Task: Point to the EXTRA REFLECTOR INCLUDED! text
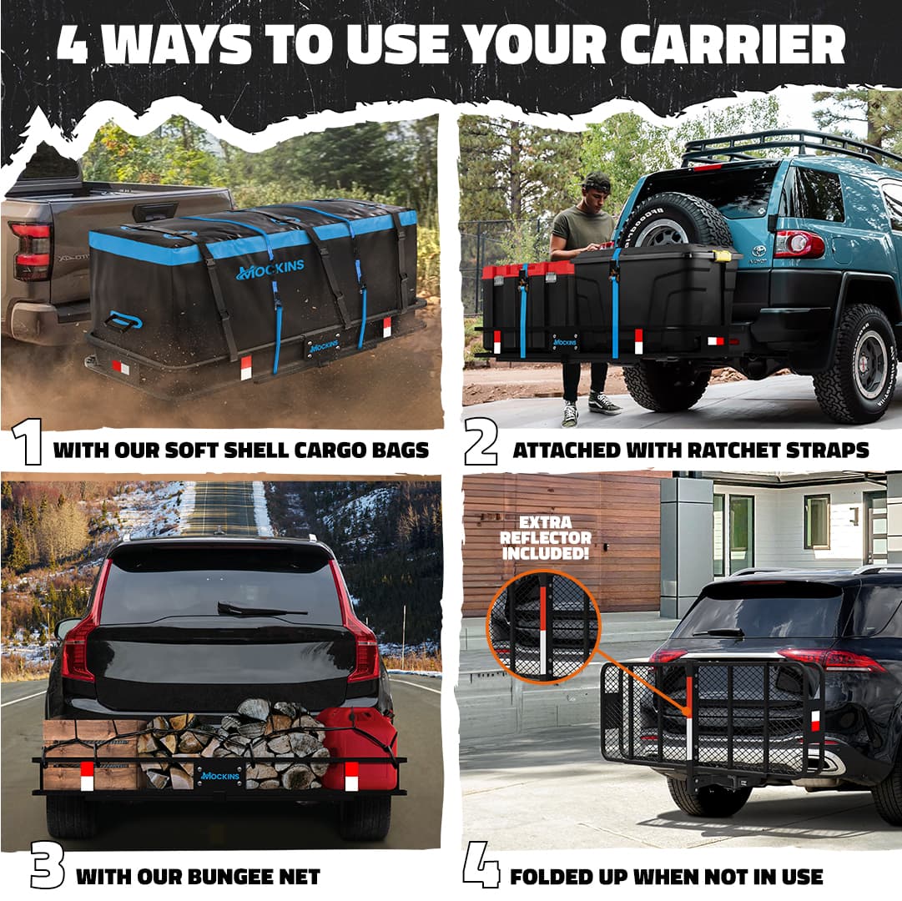coord(547,537)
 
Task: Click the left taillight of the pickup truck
coord(31,251)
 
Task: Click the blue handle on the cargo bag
coord(125,321)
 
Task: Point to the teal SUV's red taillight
coord(799,244)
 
